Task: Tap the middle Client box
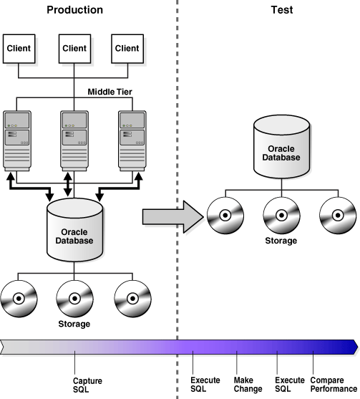pyautogui.click(x=74, y=48)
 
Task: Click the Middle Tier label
pyautogui.click(x=111, y=91)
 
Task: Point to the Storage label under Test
pyautogui.click(x=281, y=241)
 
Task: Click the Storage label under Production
pyautogui.click(x=74, y=324)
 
